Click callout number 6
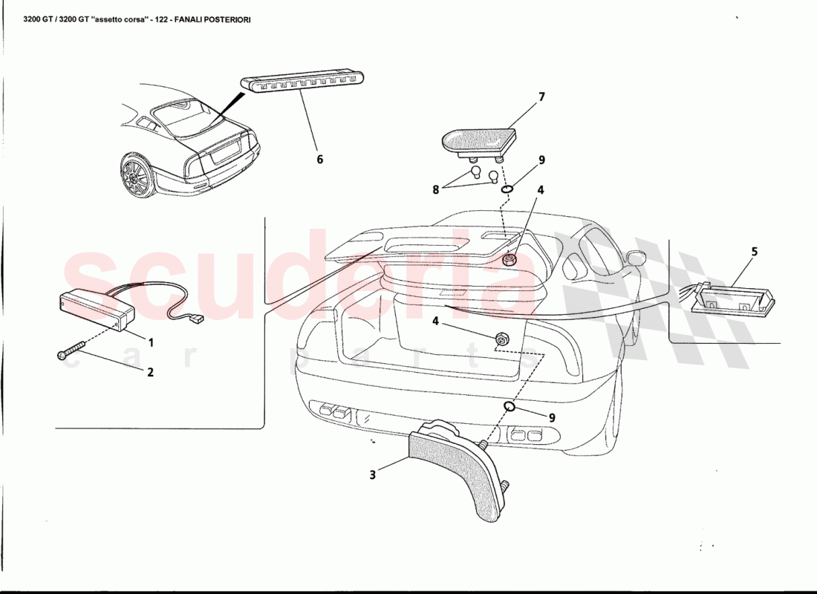pyautogui.click(x=319, y=159)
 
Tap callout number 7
pyautogui.click(x=541, y=97)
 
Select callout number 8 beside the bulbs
pyautogui.click(x=437, y=189)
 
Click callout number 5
pyautogui.click(x=755, y=252)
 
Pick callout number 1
pyautogui.click(x=151, y=343)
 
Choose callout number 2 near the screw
pyautogui.click(x=150, y=372)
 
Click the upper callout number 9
pyautogui.click(x=541, y=160)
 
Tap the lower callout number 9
pyautogui.click(x=552, y=417)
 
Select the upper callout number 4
pyautogui.click(x=541, y=190)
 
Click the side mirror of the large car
pyautogui.click(x=634, y=258)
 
